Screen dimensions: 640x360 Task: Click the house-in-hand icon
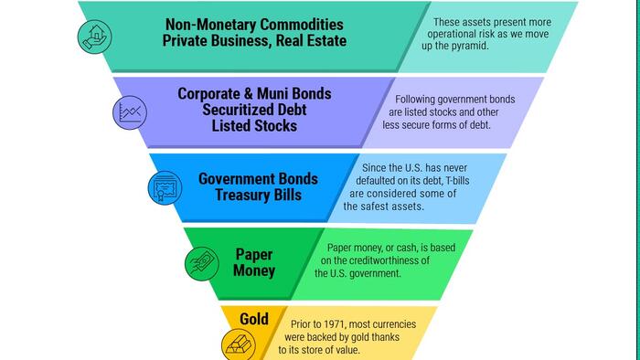tap(94, 37)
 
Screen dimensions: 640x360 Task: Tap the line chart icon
tap(130, 112)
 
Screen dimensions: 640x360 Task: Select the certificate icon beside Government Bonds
tap(165, 188)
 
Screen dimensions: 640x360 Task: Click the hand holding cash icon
tap(202, 263)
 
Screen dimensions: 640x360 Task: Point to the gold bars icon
tap(239, 344)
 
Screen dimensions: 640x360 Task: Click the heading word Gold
tap(254, 319)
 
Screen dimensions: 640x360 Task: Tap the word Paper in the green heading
tap(254, 255)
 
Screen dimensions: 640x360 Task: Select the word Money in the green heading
tap(254, 270)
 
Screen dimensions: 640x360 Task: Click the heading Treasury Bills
tap(259, 195)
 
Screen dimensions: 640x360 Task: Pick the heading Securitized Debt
tap(254, 110)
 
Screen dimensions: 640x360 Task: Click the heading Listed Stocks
tap(254, 125)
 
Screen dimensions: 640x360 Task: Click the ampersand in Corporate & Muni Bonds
tap(248, 94)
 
